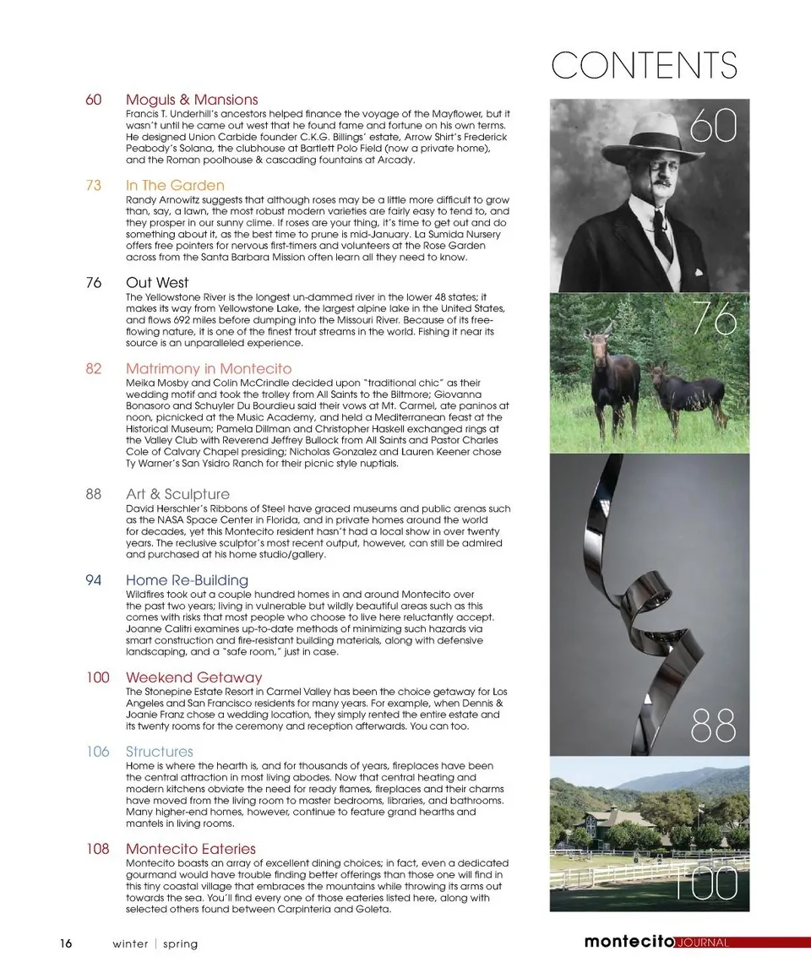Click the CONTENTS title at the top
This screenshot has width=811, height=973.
pos(644,66)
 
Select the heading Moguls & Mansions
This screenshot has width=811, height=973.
pos(192,100)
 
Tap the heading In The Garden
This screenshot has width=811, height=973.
pos(175,185)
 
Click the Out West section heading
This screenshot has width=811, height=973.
pos(157,283)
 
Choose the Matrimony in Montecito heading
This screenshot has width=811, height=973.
pos(209,369)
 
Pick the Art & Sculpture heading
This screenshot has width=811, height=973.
pos(177,494)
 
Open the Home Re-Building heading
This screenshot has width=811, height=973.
pos(187,580)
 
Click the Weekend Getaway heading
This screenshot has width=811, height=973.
pos(193,677)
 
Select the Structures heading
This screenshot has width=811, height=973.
pos(159,752)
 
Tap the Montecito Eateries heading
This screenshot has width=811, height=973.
pos(190,849)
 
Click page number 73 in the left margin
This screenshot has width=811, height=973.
pos(94,185)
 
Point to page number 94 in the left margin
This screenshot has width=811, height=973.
pos(94,580)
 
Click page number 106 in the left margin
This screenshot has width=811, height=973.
pos(97,752)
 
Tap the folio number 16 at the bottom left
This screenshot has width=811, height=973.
pos(65,943)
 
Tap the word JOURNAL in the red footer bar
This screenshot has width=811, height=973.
pos(702,943)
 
